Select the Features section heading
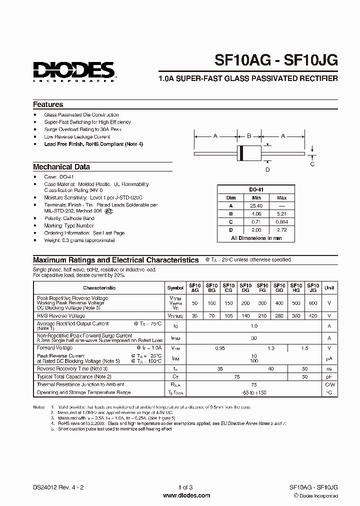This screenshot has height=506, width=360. point(48,104)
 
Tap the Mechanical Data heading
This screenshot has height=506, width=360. point(61,167)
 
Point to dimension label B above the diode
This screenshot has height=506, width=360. point(249,135)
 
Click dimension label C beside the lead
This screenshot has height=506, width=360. point(312,163)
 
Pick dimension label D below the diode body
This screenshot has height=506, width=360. point(267,170)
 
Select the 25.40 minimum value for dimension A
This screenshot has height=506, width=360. point(256,205)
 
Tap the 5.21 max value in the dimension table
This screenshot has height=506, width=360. point(281,213)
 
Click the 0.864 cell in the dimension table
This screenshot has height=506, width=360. point(281,221)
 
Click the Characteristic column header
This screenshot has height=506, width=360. point(99,287)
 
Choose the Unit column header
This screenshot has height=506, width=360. point(329,287)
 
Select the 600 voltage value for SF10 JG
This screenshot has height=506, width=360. point(313,303)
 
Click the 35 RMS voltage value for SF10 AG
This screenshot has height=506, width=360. point(194,316)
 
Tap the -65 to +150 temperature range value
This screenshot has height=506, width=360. point(254,392)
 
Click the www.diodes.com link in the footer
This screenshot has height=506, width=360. point(179,495)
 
